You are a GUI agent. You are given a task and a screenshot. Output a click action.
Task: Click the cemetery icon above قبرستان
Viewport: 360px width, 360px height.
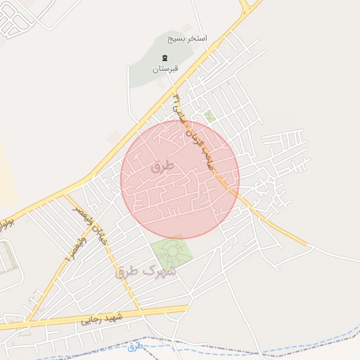[166, 58]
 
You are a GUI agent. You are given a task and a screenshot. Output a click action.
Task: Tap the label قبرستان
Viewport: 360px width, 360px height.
[166, 69]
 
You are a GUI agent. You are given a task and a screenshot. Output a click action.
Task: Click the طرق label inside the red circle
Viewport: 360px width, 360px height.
[161, 167]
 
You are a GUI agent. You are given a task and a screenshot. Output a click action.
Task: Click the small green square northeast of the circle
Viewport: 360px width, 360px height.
[210, 115]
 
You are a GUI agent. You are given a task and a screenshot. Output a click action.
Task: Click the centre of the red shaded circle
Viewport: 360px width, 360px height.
[180, 179]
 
